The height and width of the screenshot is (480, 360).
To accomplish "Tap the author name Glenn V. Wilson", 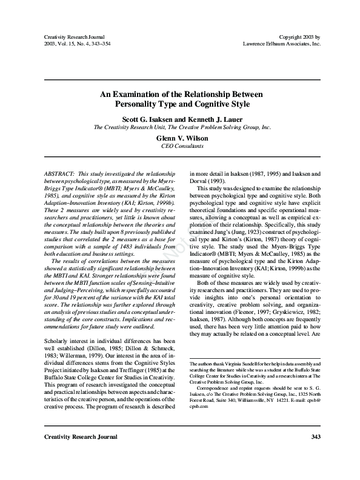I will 180,138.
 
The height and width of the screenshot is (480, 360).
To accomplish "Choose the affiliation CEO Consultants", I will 180,146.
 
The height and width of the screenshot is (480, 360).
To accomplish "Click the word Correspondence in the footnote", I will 212,387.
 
